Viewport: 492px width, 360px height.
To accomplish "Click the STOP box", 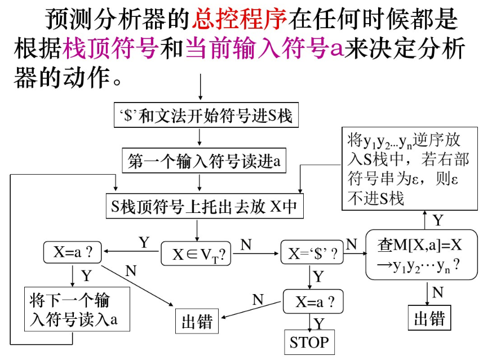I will tap(309, 341).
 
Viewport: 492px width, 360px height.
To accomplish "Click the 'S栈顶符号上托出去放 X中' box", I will tap(205, 207).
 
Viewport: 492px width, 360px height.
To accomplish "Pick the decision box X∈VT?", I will tap(196, 254).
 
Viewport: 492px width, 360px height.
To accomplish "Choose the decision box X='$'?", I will tap(312, 254).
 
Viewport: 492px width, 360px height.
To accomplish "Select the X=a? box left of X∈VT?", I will tap(73, 252).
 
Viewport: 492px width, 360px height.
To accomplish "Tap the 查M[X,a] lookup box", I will tap(422, 254).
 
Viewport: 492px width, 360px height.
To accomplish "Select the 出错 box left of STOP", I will tap(197, 321).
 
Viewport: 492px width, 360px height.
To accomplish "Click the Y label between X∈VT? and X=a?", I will tap(144, 242).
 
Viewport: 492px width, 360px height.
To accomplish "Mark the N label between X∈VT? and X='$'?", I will tap(246, 245).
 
